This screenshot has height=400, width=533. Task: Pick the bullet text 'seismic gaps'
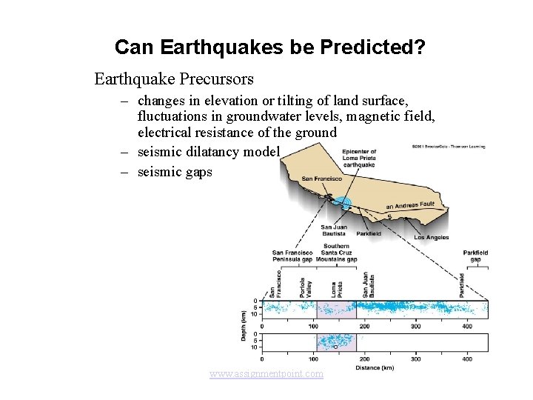(x=175, y=171)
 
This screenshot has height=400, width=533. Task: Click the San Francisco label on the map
(x=321, y=179)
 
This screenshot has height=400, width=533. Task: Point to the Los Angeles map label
(x=432, y=238)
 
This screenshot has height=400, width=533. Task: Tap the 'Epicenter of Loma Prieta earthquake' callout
(x=360, y=159)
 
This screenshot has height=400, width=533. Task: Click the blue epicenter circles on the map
(x=341, y=201)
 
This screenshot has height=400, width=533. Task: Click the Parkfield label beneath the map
(x=369, y=233)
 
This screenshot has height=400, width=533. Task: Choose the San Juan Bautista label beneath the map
(x=334, y=230)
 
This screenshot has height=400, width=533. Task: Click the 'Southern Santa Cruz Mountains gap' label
(x=336, y=253)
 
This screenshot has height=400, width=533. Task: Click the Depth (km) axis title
(x=244, y=324)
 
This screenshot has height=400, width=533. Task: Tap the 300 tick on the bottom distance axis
(x=415, y=359)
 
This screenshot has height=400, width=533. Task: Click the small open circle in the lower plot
(x=335, y=346)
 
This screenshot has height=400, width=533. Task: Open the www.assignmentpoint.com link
(x=266, y=374)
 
